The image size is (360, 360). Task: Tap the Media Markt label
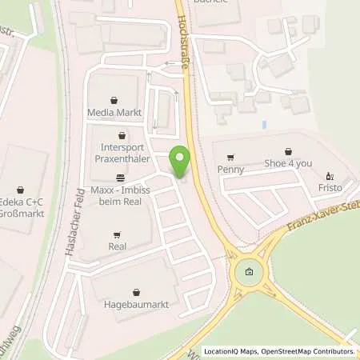(x=114, y=113)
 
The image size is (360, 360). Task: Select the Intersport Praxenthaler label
(x=122, y=154)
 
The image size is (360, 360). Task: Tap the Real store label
(x=118, y=246)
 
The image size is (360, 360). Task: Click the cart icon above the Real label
(x=118, y=235)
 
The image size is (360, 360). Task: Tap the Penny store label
(x=230, y=169)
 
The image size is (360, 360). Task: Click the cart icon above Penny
(x=230, y=157)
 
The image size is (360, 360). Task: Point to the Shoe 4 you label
(x=288, y=163)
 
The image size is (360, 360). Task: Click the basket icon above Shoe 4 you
(x=288, y=150)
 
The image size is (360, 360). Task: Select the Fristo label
(x=329, y=187)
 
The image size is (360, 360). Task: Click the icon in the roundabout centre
(x=248, y=274)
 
